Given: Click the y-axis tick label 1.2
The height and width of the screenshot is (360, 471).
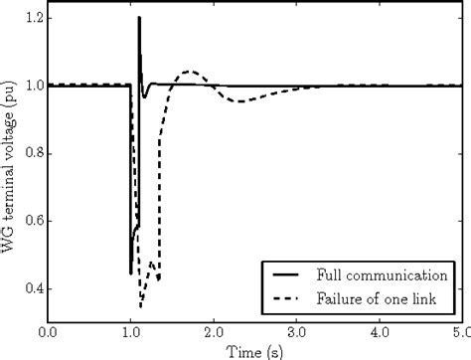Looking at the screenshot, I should pos(31,19).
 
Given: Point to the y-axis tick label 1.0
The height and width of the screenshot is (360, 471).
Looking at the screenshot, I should pos(31,86).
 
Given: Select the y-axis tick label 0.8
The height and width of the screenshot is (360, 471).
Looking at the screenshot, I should pos(31,153).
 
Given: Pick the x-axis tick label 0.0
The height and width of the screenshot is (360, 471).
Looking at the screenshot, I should pos(47,331).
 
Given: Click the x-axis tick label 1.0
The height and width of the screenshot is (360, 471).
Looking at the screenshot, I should pos(130,331).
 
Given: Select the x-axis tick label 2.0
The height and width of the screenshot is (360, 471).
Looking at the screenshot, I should pos(215,331).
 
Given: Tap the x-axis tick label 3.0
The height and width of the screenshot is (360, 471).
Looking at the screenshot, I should pos(298,331).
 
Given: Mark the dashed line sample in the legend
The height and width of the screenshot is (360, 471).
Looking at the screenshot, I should pos(287,297).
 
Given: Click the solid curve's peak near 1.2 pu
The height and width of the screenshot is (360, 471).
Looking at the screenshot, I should pos(139,18).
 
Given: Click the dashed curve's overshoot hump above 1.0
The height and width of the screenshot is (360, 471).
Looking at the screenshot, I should pos(190,72).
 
